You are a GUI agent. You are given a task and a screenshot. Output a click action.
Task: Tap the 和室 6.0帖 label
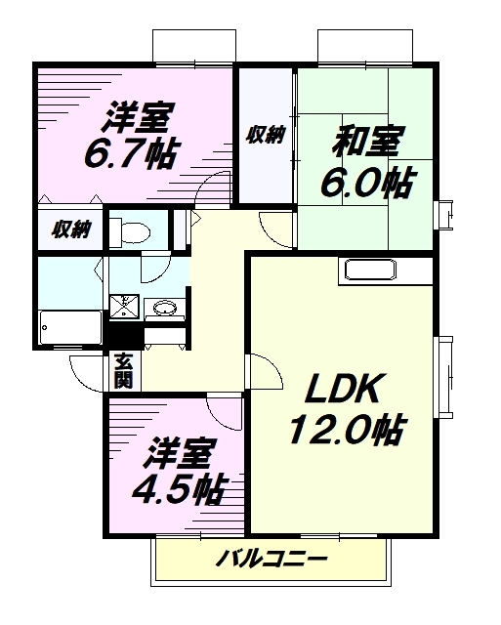click(367, 162)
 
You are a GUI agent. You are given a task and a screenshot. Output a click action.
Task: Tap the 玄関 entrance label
click(123, 371)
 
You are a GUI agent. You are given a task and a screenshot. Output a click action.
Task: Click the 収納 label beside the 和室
click(265, 135)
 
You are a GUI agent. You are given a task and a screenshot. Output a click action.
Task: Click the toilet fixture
click(130, 230)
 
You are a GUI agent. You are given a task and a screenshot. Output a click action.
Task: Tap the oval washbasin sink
click(165, 309)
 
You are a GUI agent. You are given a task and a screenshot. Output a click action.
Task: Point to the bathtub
click(70, 327)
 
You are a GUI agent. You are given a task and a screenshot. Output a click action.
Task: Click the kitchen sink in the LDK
click(370, 270)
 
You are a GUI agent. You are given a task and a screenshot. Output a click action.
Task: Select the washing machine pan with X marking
click(125, 307)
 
